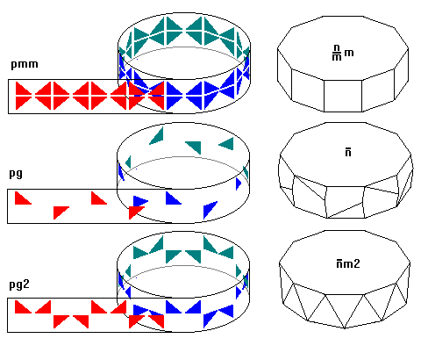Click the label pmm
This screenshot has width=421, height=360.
point(25,64)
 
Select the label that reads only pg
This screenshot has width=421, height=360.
point(16,174)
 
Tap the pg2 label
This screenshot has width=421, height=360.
point(19,284)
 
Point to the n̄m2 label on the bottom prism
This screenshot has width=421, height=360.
point(348,263)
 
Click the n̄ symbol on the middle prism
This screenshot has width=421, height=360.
point(348,153)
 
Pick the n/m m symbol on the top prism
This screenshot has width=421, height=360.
point(343,53)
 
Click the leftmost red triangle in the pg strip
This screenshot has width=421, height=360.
point(23,198)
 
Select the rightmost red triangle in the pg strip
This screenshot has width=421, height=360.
point(136,212)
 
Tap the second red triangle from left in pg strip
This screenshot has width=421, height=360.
point(61,212)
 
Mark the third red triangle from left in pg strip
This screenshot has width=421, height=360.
point(98,198)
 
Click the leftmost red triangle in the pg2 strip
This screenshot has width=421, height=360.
point(23,306)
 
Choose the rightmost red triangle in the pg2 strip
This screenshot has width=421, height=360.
point(156,321)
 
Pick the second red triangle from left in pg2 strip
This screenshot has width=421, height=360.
point(43,306)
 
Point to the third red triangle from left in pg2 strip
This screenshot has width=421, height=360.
point(61,321)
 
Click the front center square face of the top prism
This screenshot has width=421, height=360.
point(343,96)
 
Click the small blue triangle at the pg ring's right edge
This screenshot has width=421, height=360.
point(239,184)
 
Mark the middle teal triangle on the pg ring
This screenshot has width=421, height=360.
point(195,147)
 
